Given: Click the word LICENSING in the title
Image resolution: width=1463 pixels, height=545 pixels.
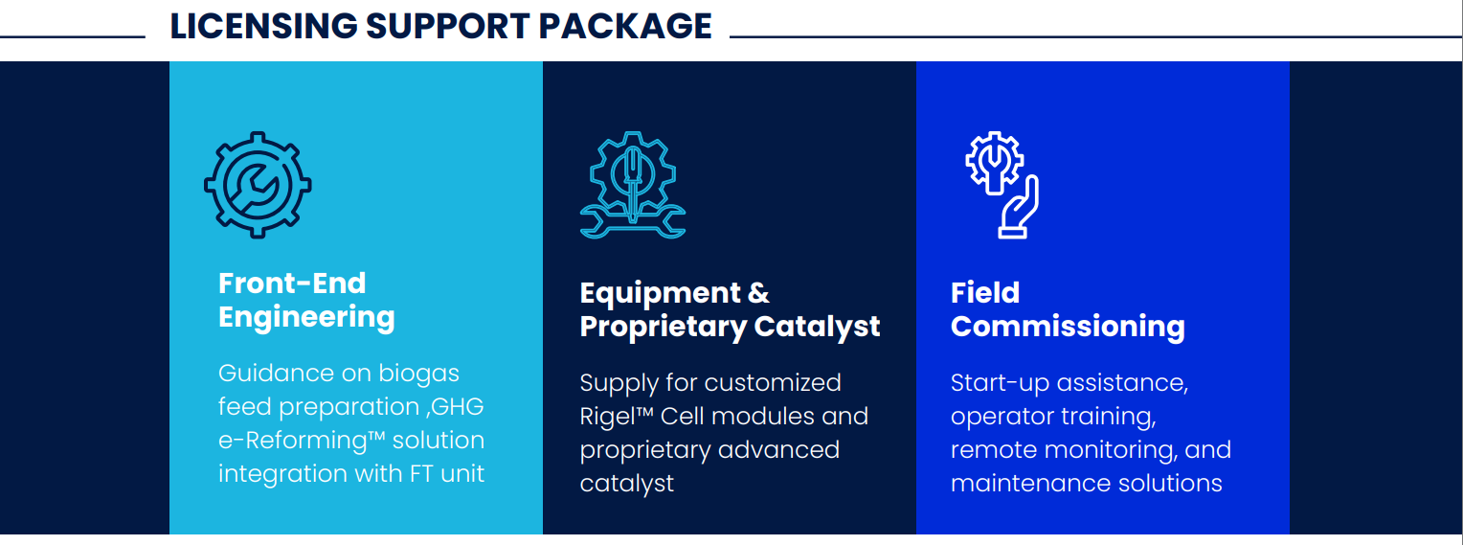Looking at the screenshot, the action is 264,26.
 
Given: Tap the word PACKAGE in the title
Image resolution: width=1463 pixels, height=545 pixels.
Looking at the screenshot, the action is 625,26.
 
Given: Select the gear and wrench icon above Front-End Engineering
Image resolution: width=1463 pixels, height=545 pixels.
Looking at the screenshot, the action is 258,185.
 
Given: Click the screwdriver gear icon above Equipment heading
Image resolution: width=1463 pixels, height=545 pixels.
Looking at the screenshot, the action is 632,185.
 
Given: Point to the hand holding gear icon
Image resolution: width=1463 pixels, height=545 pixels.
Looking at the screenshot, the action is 1002,185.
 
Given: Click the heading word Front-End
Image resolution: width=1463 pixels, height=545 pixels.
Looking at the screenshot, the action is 292,284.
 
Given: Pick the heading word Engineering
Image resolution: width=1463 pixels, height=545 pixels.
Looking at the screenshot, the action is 306,318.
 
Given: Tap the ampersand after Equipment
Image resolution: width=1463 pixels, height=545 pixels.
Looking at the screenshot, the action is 758,293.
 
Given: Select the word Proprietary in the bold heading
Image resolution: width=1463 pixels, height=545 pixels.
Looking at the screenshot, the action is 663,327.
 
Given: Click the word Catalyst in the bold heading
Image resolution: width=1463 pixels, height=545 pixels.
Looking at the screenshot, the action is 817,327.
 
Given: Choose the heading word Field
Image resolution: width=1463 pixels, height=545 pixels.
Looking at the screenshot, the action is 985,293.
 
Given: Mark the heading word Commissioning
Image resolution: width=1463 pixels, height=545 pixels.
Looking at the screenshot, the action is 1068,327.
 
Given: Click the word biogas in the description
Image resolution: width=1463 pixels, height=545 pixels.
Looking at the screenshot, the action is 418,374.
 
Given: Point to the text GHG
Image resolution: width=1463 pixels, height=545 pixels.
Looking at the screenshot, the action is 458,406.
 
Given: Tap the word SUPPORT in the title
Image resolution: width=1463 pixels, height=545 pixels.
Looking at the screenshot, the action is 448,26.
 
